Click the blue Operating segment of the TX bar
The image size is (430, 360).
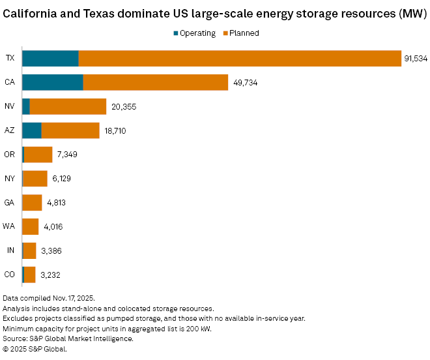click(x=50, y=58)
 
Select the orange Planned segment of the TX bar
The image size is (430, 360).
click(x=240, y=58)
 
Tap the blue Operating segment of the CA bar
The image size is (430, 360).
click(x=53, y=82)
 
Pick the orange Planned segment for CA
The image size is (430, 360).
click(x=156, y=82)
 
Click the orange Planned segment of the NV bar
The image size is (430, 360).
click(x=68, y=106)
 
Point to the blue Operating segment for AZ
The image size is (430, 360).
click(x=32, y=130)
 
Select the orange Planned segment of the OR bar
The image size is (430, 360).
click(x=38, y=155)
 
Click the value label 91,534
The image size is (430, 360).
click(x=416, y=59)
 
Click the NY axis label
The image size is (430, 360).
click(x=10, y=179)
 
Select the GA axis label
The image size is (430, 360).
click(x=10, y=203)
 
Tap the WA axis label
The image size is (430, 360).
click(x=10, y=227)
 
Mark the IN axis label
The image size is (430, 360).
click(x=10, y=251)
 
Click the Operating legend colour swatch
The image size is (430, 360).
click(x=175, y=33)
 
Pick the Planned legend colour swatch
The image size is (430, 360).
click(x=224, y=33)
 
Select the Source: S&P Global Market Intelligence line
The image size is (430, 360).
click(x=68, y=338)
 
